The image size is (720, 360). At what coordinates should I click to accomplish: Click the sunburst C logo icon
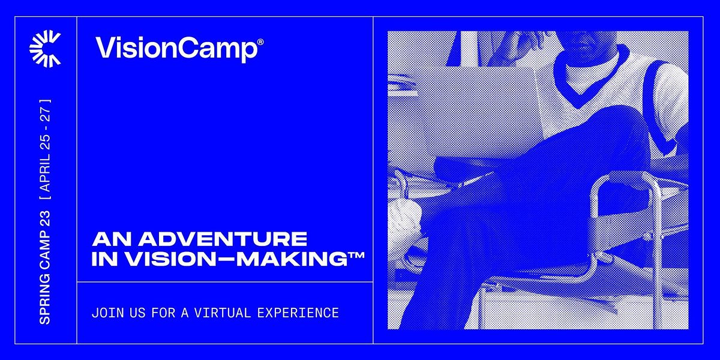tap(45, 49)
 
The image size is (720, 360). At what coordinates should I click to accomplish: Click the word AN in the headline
tap(106, 239)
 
